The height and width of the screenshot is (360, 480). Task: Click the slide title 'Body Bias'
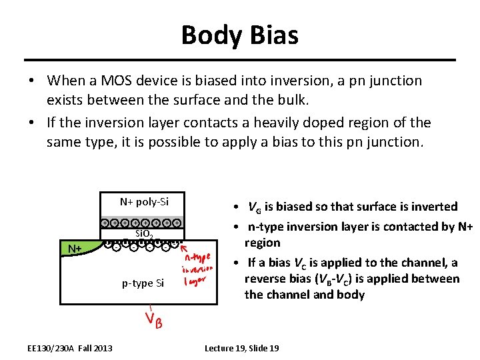239,35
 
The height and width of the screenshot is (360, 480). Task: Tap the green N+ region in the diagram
74,249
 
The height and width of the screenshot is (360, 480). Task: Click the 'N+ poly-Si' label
144,202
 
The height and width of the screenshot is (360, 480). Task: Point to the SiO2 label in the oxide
145,234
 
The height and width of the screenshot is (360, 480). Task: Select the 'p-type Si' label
143,283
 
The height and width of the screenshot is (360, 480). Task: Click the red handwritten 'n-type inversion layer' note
197,269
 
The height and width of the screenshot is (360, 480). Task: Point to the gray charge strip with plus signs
143,222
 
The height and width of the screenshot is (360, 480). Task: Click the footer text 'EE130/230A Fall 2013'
70,348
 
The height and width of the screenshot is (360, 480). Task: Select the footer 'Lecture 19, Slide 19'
241,348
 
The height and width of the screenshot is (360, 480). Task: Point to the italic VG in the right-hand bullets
255,207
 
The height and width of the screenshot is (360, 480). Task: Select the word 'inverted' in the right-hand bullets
433,207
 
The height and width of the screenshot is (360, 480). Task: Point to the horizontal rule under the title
239,61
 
